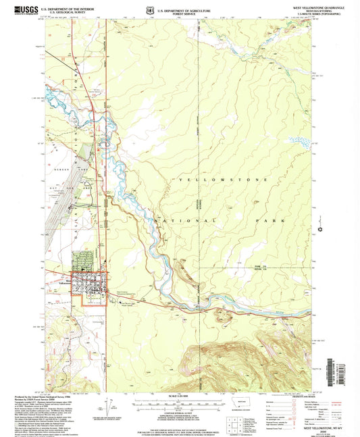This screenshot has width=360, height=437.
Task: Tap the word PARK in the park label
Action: tap(268, 220)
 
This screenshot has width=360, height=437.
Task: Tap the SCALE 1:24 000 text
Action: tap(180, 396)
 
